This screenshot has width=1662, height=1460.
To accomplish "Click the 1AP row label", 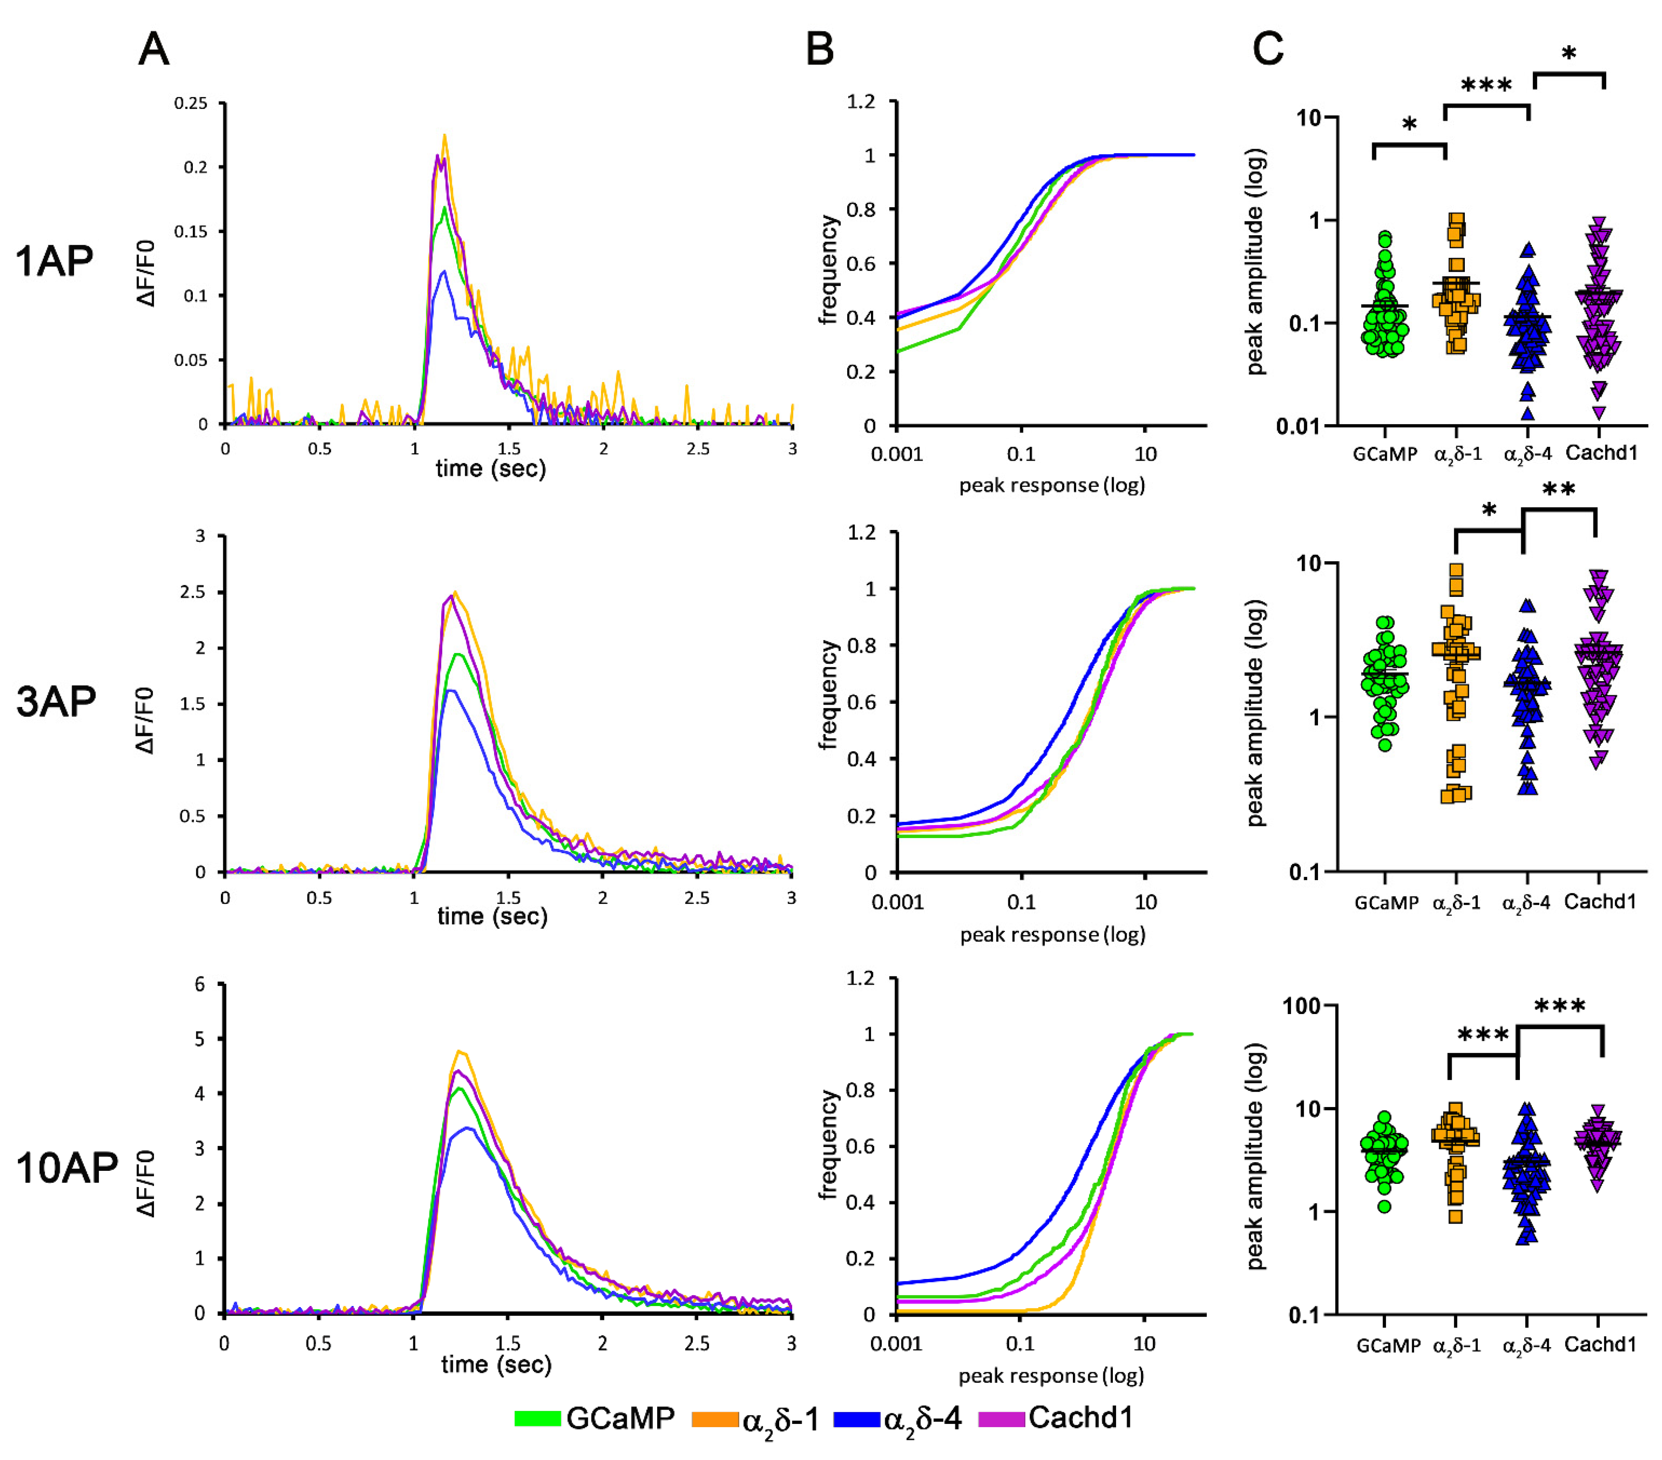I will point(55,262).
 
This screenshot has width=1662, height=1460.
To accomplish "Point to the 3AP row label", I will point(56,701).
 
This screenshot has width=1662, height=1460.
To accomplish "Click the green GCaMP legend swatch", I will point(538,1418).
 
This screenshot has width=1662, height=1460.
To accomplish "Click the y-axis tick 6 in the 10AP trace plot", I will point(200,985).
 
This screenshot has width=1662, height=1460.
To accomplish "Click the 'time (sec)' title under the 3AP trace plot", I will point(492,917).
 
